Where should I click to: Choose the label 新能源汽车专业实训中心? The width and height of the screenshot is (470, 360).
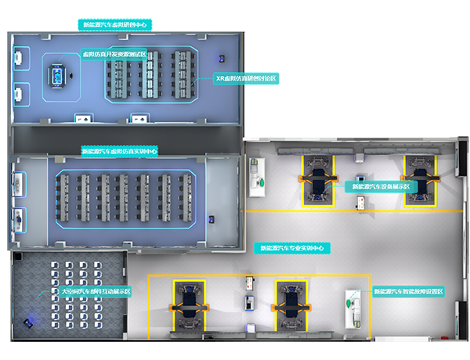(x=291, y=247)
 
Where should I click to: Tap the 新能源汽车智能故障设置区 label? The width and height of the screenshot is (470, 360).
(x=407, y=292)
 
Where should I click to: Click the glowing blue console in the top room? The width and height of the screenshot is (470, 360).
(x=57, y=76)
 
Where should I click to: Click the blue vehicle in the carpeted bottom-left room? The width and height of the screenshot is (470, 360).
(x=31, y=321)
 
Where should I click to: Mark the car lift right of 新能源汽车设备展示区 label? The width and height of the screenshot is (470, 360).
(x=417, y=178)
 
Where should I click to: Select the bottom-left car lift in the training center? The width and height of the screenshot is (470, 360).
(x=189, y=304)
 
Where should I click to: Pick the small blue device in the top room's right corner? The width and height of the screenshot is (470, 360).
(x=222, y=59)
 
